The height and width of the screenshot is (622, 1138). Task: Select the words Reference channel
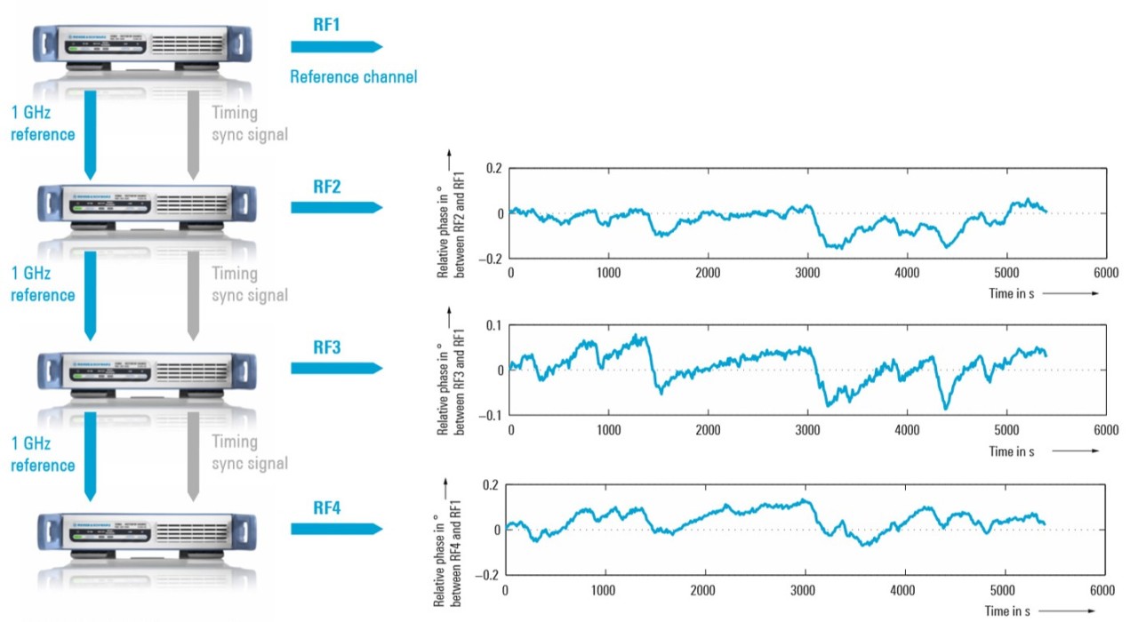click(x=353, y=76)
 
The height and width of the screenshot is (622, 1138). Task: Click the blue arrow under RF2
click(x=336, y=208)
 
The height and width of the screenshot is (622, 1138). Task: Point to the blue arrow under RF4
click(x=336, y=529)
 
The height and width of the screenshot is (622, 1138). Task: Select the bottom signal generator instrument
click(x=142, y=532)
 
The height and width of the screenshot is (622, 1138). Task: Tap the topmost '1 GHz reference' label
click(x=42, y=124)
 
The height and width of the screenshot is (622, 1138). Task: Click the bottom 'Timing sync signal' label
click(x=250, y=452)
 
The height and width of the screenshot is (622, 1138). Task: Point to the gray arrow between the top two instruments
click(x=192, y=129)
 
